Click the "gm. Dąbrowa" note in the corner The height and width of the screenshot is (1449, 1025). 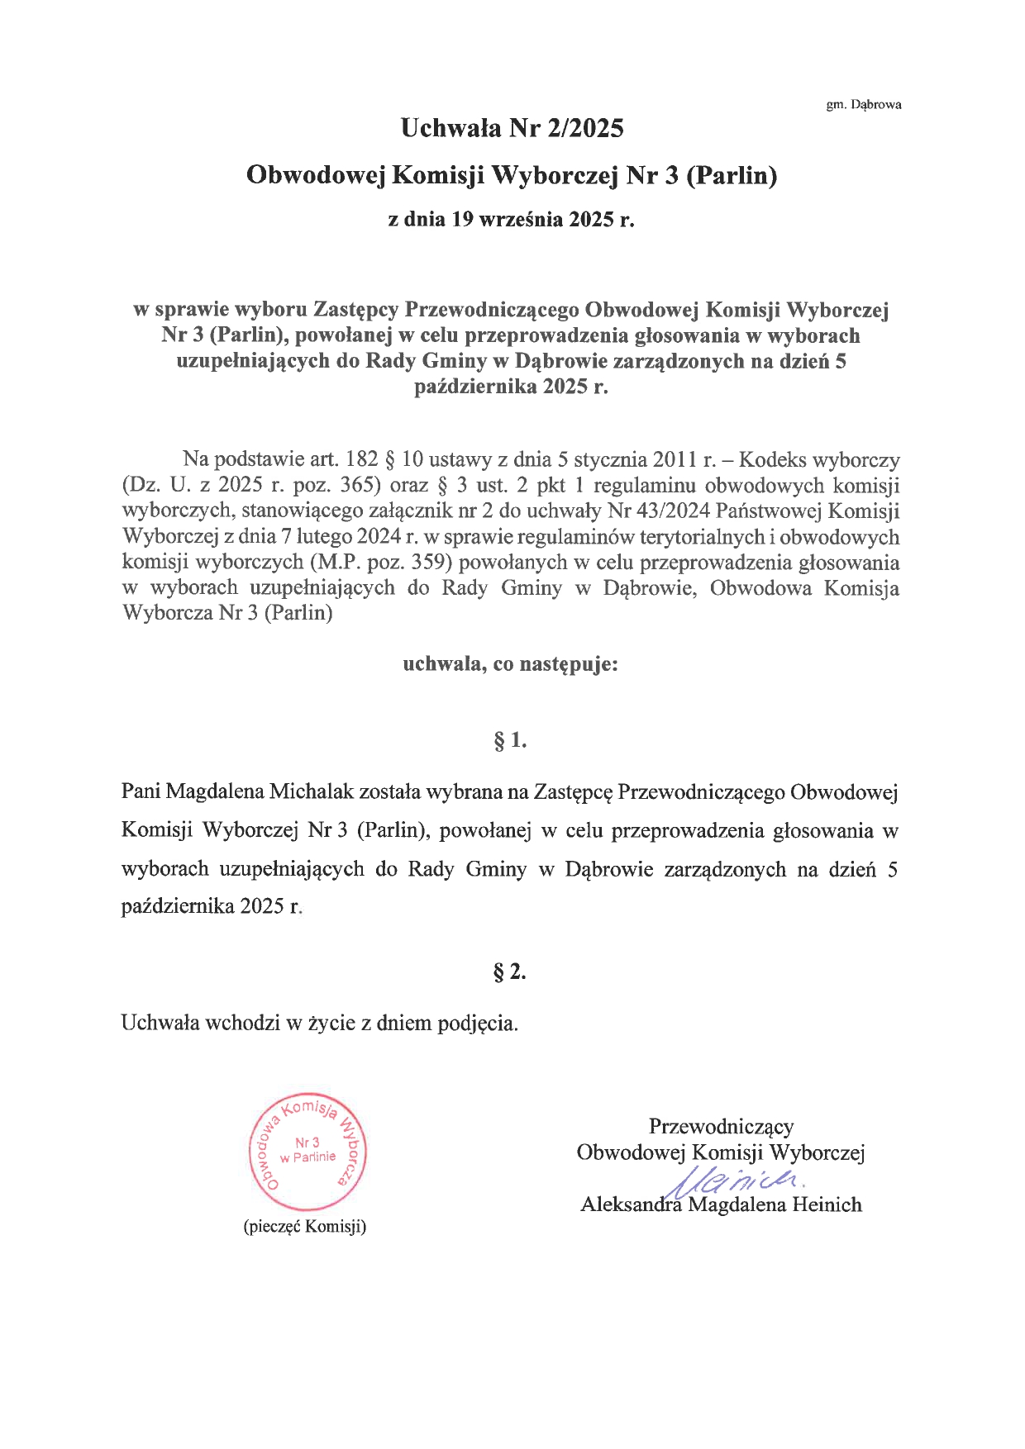tap(864, 105)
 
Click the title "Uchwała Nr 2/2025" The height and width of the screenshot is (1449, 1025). tap(512, 128)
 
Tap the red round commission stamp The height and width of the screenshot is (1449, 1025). tap(307, 1154)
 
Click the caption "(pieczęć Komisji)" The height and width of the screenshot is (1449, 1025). tap(305, 1226)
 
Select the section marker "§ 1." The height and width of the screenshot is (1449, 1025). tap(510, 740)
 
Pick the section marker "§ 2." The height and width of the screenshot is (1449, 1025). tap(510, 972)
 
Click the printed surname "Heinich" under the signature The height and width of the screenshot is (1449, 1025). tap(827, 1204)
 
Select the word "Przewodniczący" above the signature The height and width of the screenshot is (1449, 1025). tap(721, 1126)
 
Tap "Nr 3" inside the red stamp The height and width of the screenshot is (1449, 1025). tap(307, 1142)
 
